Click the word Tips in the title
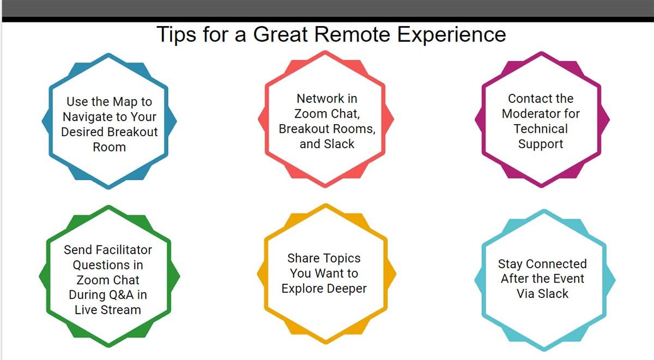pyautogui.click(x=176, y=34)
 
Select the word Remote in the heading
pyautogui.click(x=352, y=34)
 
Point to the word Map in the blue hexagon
pyautogui.click(x=125, y=102)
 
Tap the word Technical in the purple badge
pyautogui.click(x=541, y=129)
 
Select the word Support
pyautogui.click(x=541, y=144)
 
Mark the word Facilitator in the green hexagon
pyautogui.click(x=124, y=250)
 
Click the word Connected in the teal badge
pyautogui.click(x=556, y=264)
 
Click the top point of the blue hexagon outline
pyautogui.click(x=108, y=54)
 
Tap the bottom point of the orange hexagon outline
pyautogui.click(x=326, y=343)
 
